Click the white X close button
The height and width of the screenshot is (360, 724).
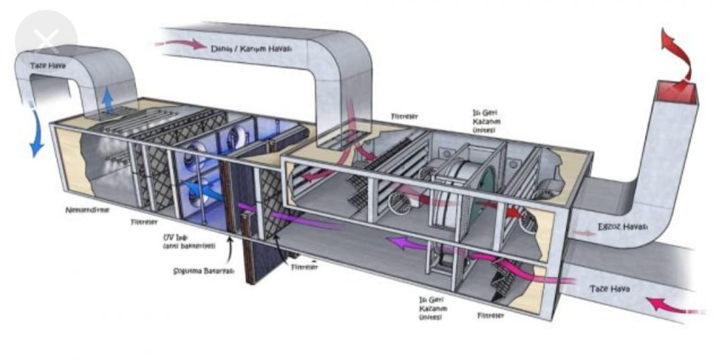click(x=45, y=41)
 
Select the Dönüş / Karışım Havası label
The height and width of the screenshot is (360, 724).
click(x=251, y=48)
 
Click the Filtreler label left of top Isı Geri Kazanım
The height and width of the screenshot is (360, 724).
click(x=405, y=117)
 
